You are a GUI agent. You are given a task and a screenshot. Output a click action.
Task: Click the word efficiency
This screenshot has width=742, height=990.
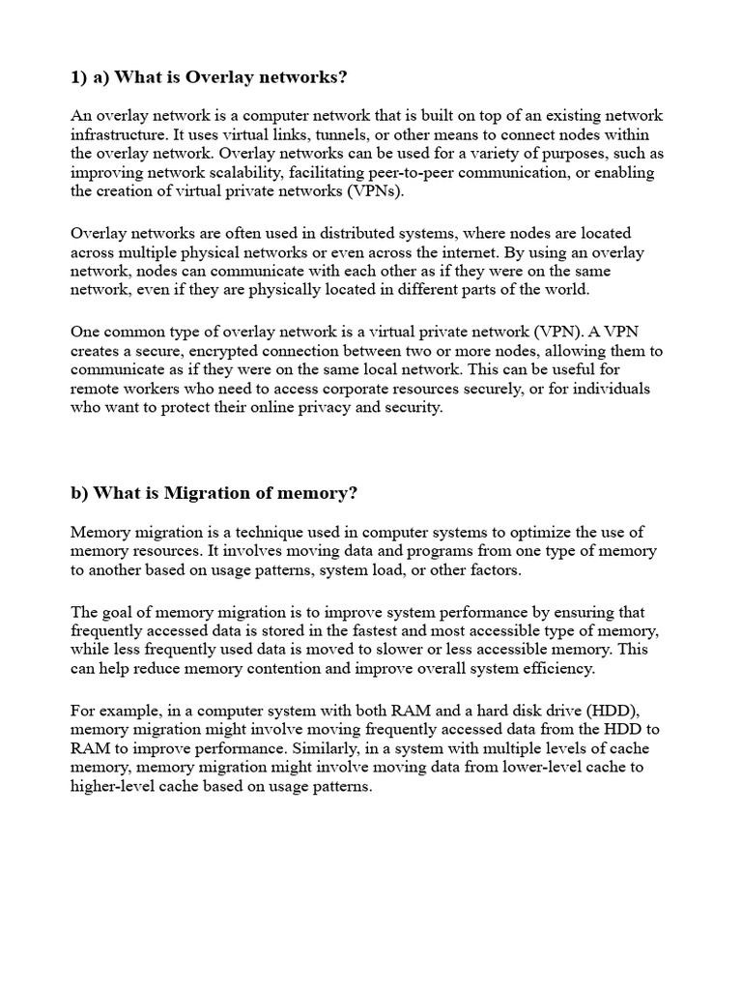click(557, 669)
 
